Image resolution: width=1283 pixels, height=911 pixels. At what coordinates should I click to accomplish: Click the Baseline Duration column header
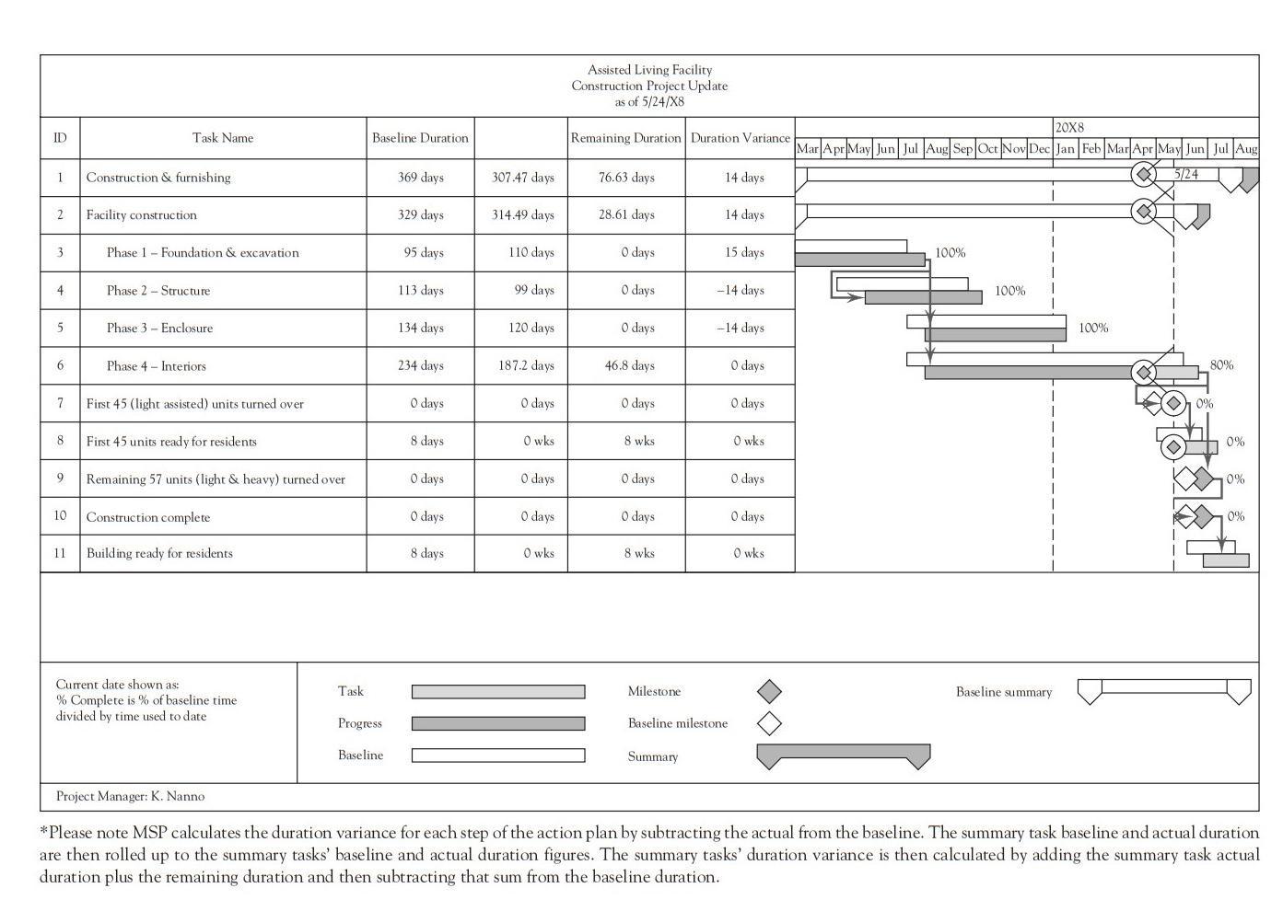tap(420, 138)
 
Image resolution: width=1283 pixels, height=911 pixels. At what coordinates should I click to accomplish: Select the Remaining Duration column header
tap(625, 138)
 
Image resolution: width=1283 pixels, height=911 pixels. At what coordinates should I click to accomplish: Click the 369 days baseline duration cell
tap(420, 178)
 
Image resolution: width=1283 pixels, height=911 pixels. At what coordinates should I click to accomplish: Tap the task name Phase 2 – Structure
tap(157, 291)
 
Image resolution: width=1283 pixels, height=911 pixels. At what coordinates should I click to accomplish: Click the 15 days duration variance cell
tap(742, 253)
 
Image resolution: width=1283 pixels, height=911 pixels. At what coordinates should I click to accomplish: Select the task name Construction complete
tap(148, 517)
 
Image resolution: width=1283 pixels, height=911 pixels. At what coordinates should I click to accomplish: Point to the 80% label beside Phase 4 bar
tap(1221, 365)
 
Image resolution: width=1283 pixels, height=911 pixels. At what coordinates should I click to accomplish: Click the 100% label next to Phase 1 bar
tap(950, 253)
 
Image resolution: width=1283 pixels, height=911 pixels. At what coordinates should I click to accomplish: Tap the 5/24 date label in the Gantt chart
tap(1186, 174)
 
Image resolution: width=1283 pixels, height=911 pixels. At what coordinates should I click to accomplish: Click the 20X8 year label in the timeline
tap(1069, 128)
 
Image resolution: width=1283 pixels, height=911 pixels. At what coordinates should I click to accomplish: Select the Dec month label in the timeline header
tap(1039, 148)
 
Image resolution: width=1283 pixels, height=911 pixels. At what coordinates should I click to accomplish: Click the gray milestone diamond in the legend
tap(769, 691)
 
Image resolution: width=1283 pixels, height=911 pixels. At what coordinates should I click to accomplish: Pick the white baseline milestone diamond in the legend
tap(769, 723)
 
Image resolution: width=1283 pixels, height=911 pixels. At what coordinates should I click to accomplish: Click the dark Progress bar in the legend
tap(497, 724)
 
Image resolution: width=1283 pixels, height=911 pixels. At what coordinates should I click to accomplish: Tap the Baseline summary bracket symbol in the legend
tap(1163, 690)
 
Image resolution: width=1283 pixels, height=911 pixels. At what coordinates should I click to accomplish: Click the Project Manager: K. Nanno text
tap(130, 797)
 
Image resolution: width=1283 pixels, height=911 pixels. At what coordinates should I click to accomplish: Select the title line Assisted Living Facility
tap(649, 70)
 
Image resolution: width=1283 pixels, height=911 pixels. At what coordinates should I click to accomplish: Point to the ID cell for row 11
tap(60, 554)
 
